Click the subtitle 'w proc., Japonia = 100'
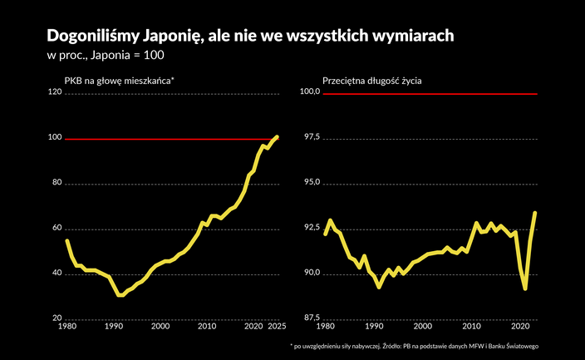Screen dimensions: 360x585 (x=106, y=56)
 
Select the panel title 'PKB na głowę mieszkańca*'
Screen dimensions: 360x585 (x=119, y=81)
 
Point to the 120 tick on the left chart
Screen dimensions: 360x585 (x=56, y=93)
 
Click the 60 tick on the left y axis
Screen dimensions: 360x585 (x=57, y=229)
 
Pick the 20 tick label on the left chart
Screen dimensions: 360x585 (x=57, y=318)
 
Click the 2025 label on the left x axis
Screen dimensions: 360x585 (x=278, y=326)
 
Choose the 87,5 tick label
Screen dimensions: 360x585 (x=311, y=318)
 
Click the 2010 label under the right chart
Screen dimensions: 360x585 (x=470, y=326)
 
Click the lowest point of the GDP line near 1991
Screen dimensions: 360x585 (x=120, y=294)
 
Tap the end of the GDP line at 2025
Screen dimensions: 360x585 (x=278, y=136)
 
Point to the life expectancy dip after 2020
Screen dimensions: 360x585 (x=525, y=288)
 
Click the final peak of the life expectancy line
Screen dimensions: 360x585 (x=534, y=213)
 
